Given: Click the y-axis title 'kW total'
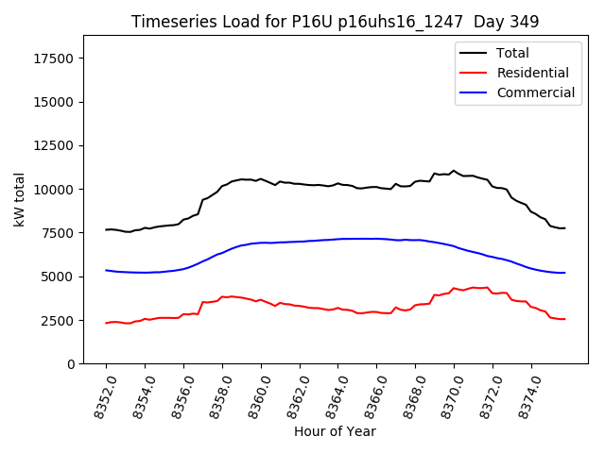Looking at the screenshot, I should pos(19,200).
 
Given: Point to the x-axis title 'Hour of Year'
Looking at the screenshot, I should pos(335,431).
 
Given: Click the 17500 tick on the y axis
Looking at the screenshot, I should pos(55,59).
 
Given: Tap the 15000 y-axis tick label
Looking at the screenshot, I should pos(55,102).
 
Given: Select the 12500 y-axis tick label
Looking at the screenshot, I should pos(55,145).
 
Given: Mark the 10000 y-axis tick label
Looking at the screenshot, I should pos(55,190).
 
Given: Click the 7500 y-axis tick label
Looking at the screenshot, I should pos(59,233).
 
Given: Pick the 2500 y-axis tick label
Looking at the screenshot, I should pos(59,321).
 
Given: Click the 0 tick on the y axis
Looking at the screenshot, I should pos(72,364).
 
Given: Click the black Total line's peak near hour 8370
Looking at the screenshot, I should pos(454,171).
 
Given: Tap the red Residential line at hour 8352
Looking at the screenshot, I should pos(106,323).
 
